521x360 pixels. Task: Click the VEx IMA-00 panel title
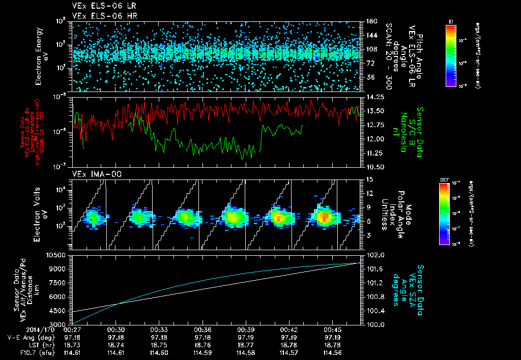coord(92,174)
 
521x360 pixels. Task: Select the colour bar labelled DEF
coord(444,214)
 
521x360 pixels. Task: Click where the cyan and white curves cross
coord(118,304)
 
